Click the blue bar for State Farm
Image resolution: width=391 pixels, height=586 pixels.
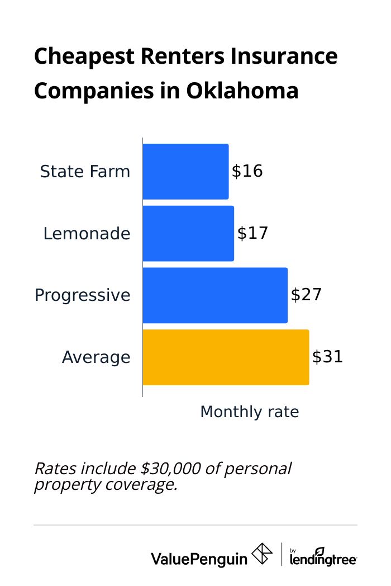click(x=185, y=172)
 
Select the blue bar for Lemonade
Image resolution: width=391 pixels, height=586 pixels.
click(x=188, y=233)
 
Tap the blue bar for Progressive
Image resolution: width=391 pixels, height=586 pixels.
click(x=215, y=295)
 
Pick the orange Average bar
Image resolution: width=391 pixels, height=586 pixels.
click(x=226, y=357)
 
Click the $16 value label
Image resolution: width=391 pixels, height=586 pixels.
click(x=247, y=171)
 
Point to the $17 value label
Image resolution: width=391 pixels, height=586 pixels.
click(x=252, y=233)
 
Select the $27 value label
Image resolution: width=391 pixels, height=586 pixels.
click(x=306, y=295)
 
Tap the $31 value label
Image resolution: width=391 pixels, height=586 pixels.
click(x=327, y=357)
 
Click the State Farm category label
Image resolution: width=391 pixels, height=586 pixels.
click(x=85, y=172)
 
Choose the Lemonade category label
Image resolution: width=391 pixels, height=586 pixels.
click(x=87, y=234)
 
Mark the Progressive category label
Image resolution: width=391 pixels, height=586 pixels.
click(x=82, y=295)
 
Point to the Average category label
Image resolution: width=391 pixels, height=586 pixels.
click(x=96, y=357)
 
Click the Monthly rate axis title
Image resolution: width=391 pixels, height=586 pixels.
click(x=249, y=412)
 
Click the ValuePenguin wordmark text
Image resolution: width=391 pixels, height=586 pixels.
click(x=199, y=558)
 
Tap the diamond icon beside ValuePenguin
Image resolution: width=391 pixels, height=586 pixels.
click(x=262, y=554)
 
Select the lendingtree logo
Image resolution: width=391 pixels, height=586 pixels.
click(x=323, y=556)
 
